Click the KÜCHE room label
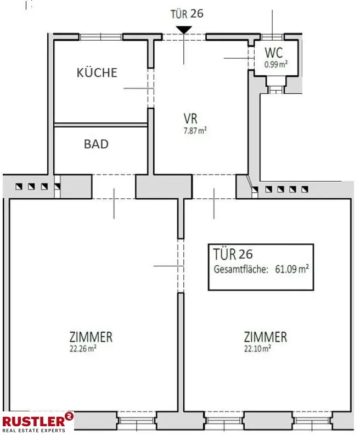tap(97, 72)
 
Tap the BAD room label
tap(96, 144)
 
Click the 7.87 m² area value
tap(195, 131)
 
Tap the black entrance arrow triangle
tap(184, 30)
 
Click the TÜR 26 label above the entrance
tap(184, 14)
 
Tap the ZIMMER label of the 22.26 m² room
tap(91, 336)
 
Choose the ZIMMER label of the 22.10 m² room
tap(266, 336)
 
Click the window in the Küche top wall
tap(100, 37)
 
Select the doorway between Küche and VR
tap(150, 88)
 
